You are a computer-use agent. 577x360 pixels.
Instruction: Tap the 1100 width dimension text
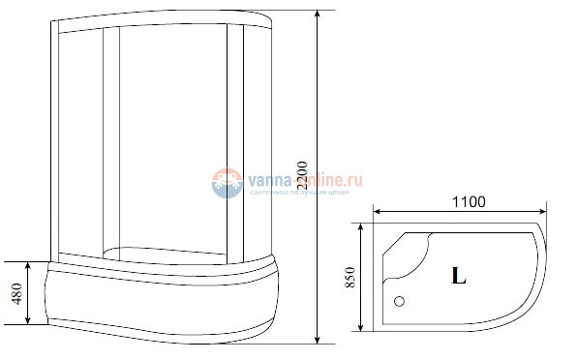click(x=466, y=201)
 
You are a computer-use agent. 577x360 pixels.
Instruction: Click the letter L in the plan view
click(x=458, y=277)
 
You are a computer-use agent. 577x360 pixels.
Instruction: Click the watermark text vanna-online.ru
click(x=294, y=178)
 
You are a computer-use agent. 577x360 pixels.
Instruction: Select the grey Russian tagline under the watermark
click(x=294, y=192)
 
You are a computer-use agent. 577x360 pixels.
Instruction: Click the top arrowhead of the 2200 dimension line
click(x=319, y=14)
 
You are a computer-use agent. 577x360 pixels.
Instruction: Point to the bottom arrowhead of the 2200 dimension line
click(x=319, y=343)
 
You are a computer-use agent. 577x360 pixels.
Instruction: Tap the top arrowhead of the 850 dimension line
click(x=361, y=225)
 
